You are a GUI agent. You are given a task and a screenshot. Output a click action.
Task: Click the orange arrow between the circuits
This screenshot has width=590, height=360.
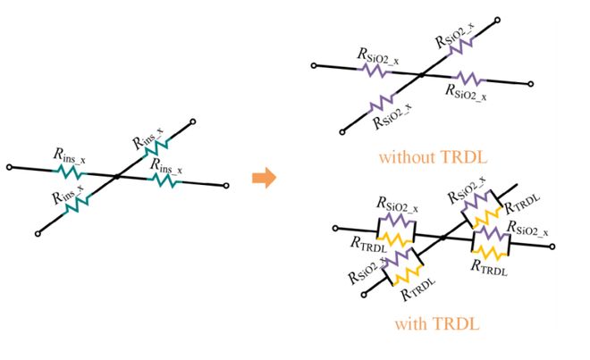click(x=262, y=178)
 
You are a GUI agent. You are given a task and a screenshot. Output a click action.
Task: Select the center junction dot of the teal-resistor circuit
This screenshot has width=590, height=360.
click(x=118, y=177)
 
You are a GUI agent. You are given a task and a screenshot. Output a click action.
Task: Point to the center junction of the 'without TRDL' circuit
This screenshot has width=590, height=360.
click(x=421, y=75)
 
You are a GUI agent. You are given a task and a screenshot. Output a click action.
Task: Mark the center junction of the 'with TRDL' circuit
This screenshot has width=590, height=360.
click(x=442, y=237)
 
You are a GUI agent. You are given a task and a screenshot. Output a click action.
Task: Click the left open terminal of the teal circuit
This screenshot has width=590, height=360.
click(x=8, y=167)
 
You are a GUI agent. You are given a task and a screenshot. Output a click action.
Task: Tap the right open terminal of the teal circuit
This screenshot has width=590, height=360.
click(x=229, y=186)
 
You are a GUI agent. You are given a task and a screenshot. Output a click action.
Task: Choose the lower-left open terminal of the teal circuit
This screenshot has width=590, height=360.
click(x=38, y=233)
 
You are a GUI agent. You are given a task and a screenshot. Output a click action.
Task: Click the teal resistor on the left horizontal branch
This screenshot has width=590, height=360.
click(x=69, y=170)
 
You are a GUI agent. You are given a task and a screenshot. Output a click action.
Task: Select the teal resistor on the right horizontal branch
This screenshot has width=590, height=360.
click(x=164, y=180)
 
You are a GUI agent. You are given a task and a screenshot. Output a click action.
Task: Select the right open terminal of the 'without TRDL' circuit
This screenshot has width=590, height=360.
click(x=534, y=85)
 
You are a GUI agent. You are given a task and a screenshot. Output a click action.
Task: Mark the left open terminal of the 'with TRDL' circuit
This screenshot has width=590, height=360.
click(x=334, y=228)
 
